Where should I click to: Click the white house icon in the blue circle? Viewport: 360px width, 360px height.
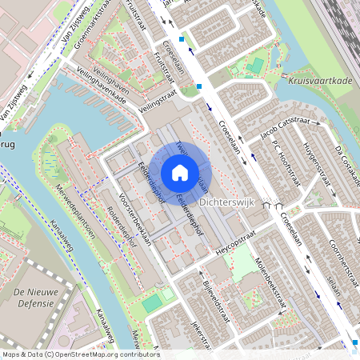tap(180, 172)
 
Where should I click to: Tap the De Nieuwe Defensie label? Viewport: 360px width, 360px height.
tap(28, 298)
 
